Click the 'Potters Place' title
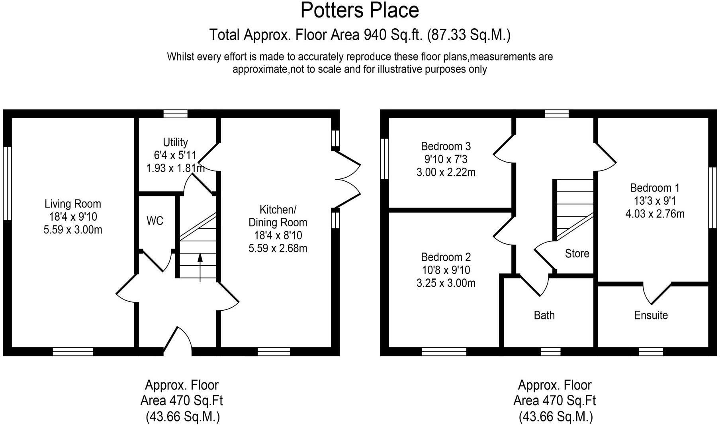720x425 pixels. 360,10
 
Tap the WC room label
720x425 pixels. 155,221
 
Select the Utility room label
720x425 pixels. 175,142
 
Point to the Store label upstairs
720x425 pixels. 577,253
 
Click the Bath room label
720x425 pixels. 544,315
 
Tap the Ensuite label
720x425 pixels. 651,315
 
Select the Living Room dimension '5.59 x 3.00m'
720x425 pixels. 73,230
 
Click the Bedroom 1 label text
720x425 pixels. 655,188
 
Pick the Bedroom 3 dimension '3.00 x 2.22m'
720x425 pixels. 446,172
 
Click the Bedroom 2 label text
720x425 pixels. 446,257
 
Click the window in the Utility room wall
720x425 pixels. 175,114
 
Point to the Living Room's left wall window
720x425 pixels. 7,183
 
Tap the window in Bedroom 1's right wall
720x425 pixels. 712,198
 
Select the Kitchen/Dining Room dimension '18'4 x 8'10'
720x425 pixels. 278,235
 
